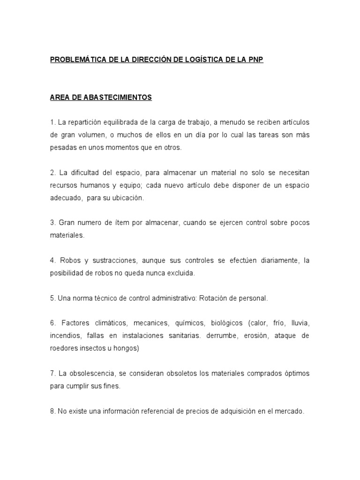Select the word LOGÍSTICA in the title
[202, 61]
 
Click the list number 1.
[52, 122]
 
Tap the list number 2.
[52, 173]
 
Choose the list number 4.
[52, 260]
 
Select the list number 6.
[52, 323]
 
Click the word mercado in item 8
[290, 411]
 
